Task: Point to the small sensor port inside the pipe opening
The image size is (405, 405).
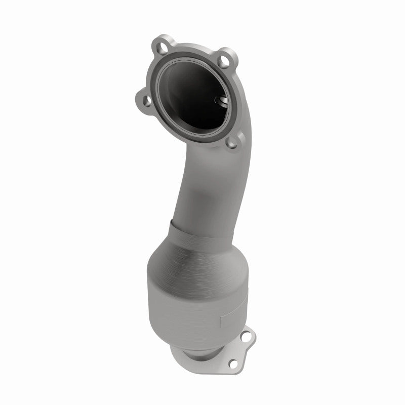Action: pyautogui.click(x=222, y=101)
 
